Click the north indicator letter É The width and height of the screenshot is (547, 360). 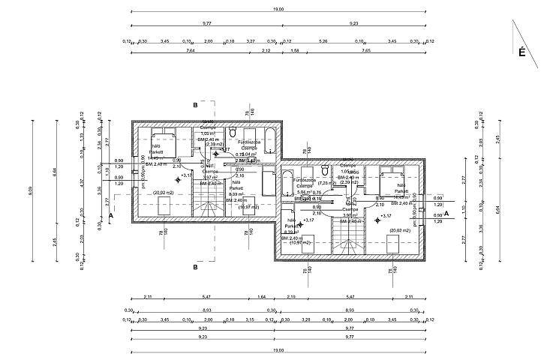click(520, 52)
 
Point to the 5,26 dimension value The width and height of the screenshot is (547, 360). click(323, 41)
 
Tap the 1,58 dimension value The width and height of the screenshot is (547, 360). click(294, 51)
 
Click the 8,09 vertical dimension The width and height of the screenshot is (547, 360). click(32, 193)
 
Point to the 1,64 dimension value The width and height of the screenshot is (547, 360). click(261, 297)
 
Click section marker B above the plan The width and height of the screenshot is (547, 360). click(195, 106)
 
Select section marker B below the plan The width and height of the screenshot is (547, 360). click(195, 266)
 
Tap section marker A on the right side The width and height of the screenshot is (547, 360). click(446, 214)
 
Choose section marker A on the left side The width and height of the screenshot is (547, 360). click(111, 215)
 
